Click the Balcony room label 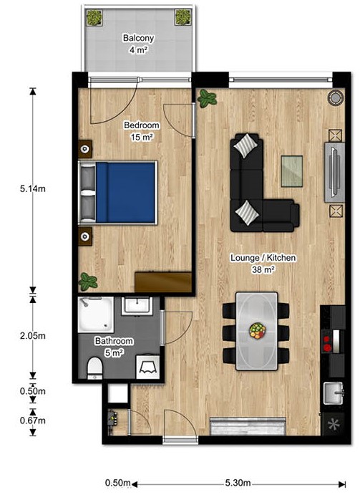[x=139, y=38]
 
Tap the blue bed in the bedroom [x=118, y=193]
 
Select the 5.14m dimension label [x=32, y=189]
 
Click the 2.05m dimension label [x=32, y=336]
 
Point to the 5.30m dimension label [x=238, y=483]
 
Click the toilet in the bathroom [x=94, y=368]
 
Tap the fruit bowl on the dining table [x=258, y=330]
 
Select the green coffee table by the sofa [x=291, y=171]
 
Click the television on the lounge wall [x=334, y=172]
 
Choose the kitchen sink [x=334, y=393]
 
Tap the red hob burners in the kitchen [x=326, y=343]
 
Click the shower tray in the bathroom [x=96, y=314]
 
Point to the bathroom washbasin [x=137, y=305]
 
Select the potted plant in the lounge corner [x=207, y=98]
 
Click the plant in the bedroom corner [x=88, y=282]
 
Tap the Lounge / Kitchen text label [x=263, y=258]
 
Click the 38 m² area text [x=263, y=270]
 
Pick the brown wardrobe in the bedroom [x=163, y=282]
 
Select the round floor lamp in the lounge [x=336, y=97]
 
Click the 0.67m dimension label [x=32, y=420]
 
